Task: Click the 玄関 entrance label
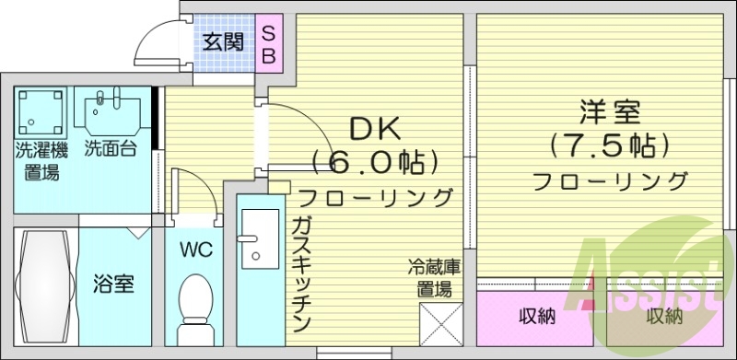pyautogui.click(x=223, y=41)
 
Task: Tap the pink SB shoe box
pyautogui.click(x=269, y=43)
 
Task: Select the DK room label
pyautogui.click(x=372, y=128)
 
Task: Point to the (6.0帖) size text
pyautogui.click(x=373, y=163)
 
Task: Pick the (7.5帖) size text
pyautogui.click(x=609, y=146)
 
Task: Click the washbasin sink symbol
pyautogui.click(x=111, y=112)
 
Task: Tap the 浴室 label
pyautogui.click(x=114, y=285)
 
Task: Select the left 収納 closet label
pyautogui.click(x=537, y=318)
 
